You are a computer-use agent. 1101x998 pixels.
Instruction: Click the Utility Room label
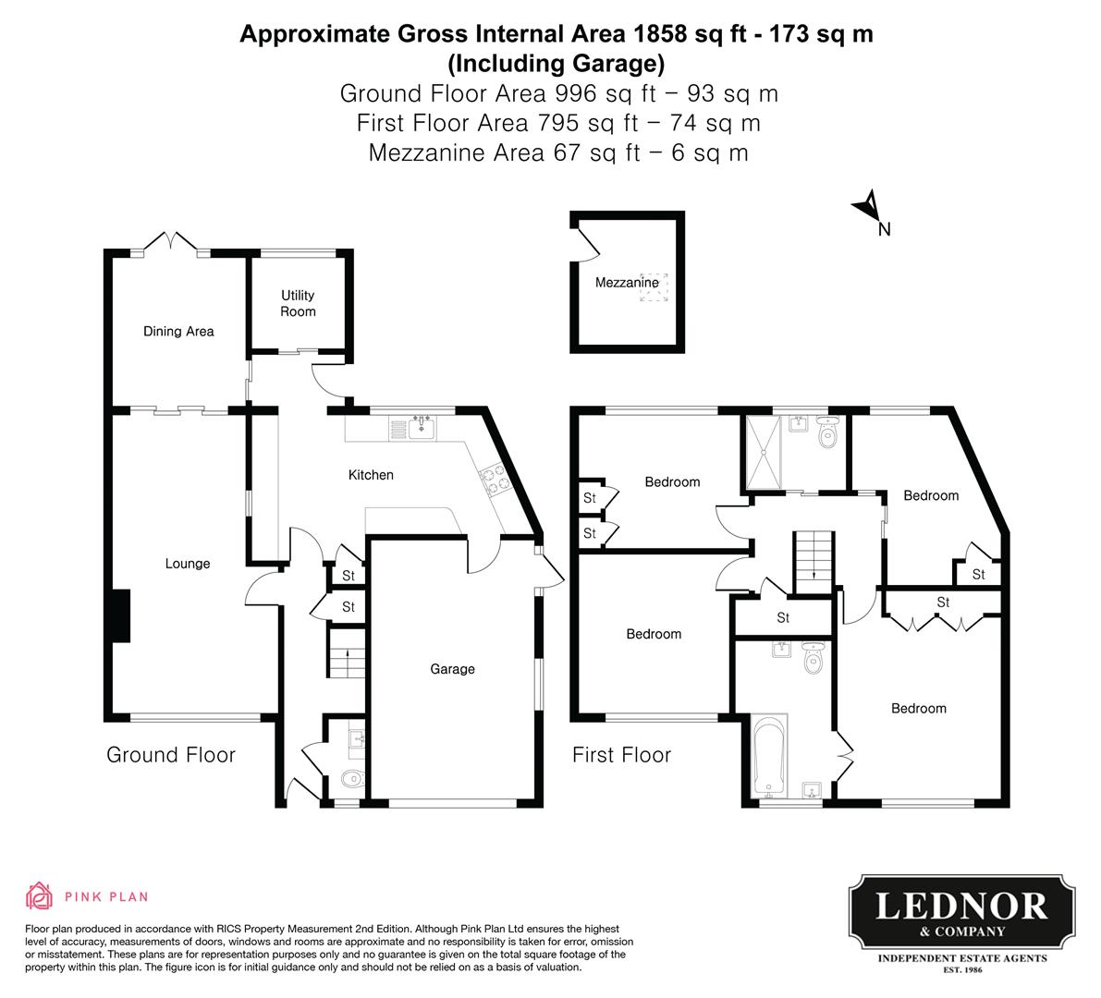[x=298, y=303]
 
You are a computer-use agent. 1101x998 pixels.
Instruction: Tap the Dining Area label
[x=178, y=331]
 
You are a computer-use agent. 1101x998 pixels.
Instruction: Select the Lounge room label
[x=188, y=564]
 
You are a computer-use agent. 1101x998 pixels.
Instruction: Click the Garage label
[x=452, y=669]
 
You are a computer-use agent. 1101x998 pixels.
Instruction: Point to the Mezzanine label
[x=627, y=282]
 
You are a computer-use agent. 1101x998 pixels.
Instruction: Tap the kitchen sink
[x=423, y=427]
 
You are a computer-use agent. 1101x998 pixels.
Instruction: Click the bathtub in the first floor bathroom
[x=769, y=755]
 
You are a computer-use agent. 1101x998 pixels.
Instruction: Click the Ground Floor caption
[x=171, y=755]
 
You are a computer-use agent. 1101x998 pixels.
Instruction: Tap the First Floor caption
[x=621, y=755]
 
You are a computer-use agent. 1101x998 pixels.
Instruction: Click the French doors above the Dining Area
[x=171, y=244]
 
